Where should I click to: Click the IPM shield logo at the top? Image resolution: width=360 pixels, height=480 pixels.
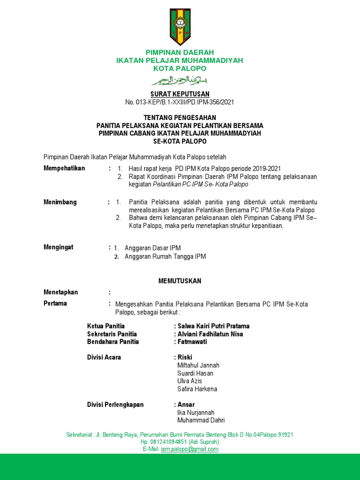(180, 25)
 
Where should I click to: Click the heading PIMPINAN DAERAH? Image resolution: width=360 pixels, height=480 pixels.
(180, 52)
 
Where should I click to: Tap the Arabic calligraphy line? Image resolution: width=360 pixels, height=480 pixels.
(180, 79)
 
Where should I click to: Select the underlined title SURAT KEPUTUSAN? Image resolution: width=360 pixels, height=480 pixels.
(180, 94)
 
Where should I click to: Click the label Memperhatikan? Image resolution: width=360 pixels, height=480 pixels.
(64, 168)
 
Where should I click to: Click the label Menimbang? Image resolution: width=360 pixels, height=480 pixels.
(60, 202)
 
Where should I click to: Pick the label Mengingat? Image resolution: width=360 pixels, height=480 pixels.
(59, 247)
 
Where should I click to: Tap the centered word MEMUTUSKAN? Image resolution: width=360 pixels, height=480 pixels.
(180, 281)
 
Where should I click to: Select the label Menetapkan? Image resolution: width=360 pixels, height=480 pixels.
(61, 292)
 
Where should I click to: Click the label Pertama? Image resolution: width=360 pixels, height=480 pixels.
(55, 303)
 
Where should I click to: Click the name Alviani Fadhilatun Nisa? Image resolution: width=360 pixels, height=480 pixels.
(210, 334)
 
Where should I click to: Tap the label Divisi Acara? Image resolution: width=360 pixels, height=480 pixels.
(104, 357)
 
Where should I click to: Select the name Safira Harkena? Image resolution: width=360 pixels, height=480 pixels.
(197, 389)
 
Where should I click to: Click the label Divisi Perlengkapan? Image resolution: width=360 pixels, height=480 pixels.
(115, 405)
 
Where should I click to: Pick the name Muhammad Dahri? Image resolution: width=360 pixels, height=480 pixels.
(201, 420)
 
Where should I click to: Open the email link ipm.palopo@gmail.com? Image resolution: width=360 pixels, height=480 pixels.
(189, 449)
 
